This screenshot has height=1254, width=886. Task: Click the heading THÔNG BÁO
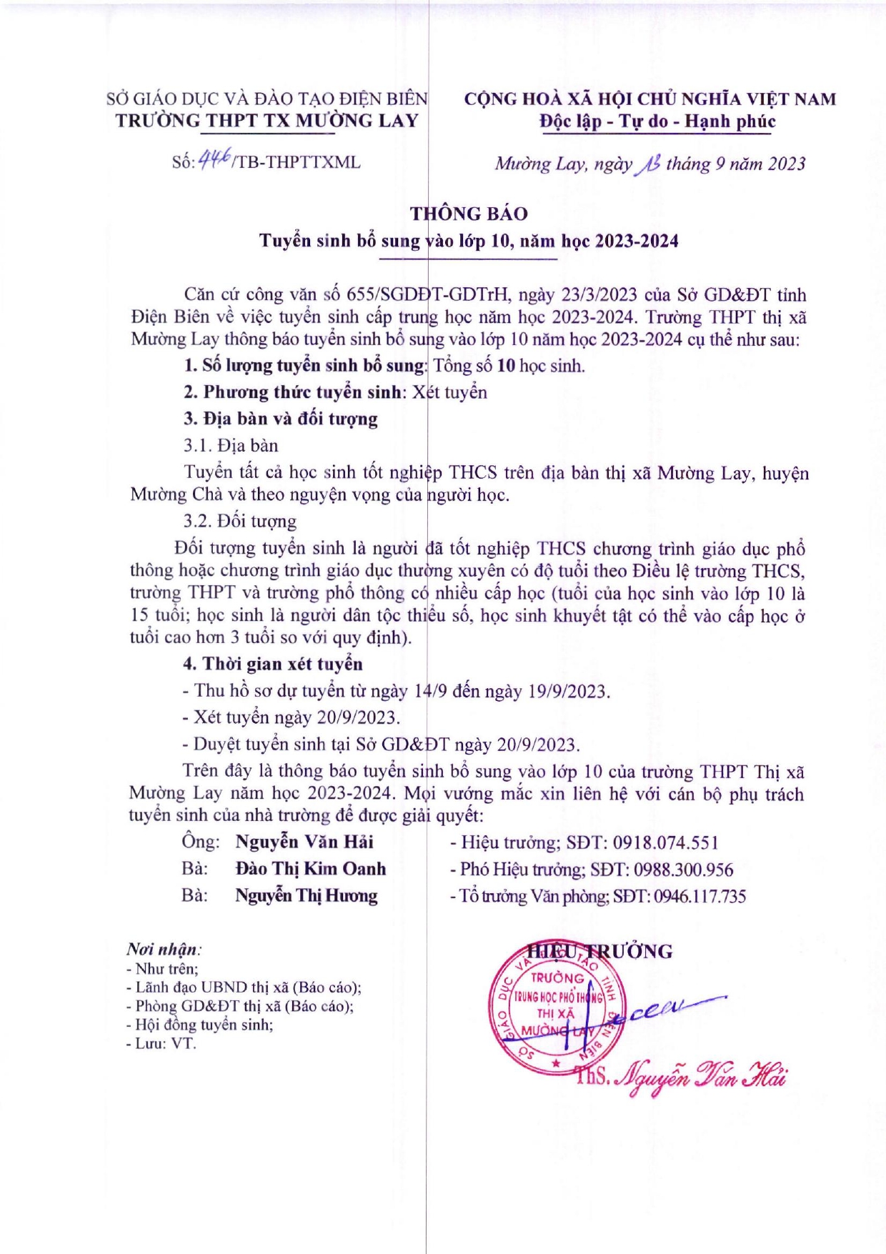pyautogui.click(x=469, y=214)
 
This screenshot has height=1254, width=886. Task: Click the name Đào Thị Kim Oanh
pyautogui.click(x=311, y=869)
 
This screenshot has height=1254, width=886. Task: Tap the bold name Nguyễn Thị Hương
pyautogui.click(x=307, y=895)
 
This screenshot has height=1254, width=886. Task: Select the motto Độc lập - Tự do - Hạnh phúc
pyautogui.click(x=657, y=121)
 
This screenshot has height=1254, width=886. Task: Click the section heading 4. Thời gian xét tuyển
pyautogui.click(x=272, y=664)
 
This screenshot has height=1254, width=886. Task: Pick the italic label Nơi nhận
pyautogui.click(x=163, y=949)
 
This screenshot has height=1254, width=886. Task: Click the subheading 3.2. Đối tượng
pyautogui.click(x=239, y=521)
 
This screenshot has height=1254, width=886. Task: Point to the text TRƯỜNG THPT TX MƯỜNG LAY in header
pyautogui.click(x=267, y=120)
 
